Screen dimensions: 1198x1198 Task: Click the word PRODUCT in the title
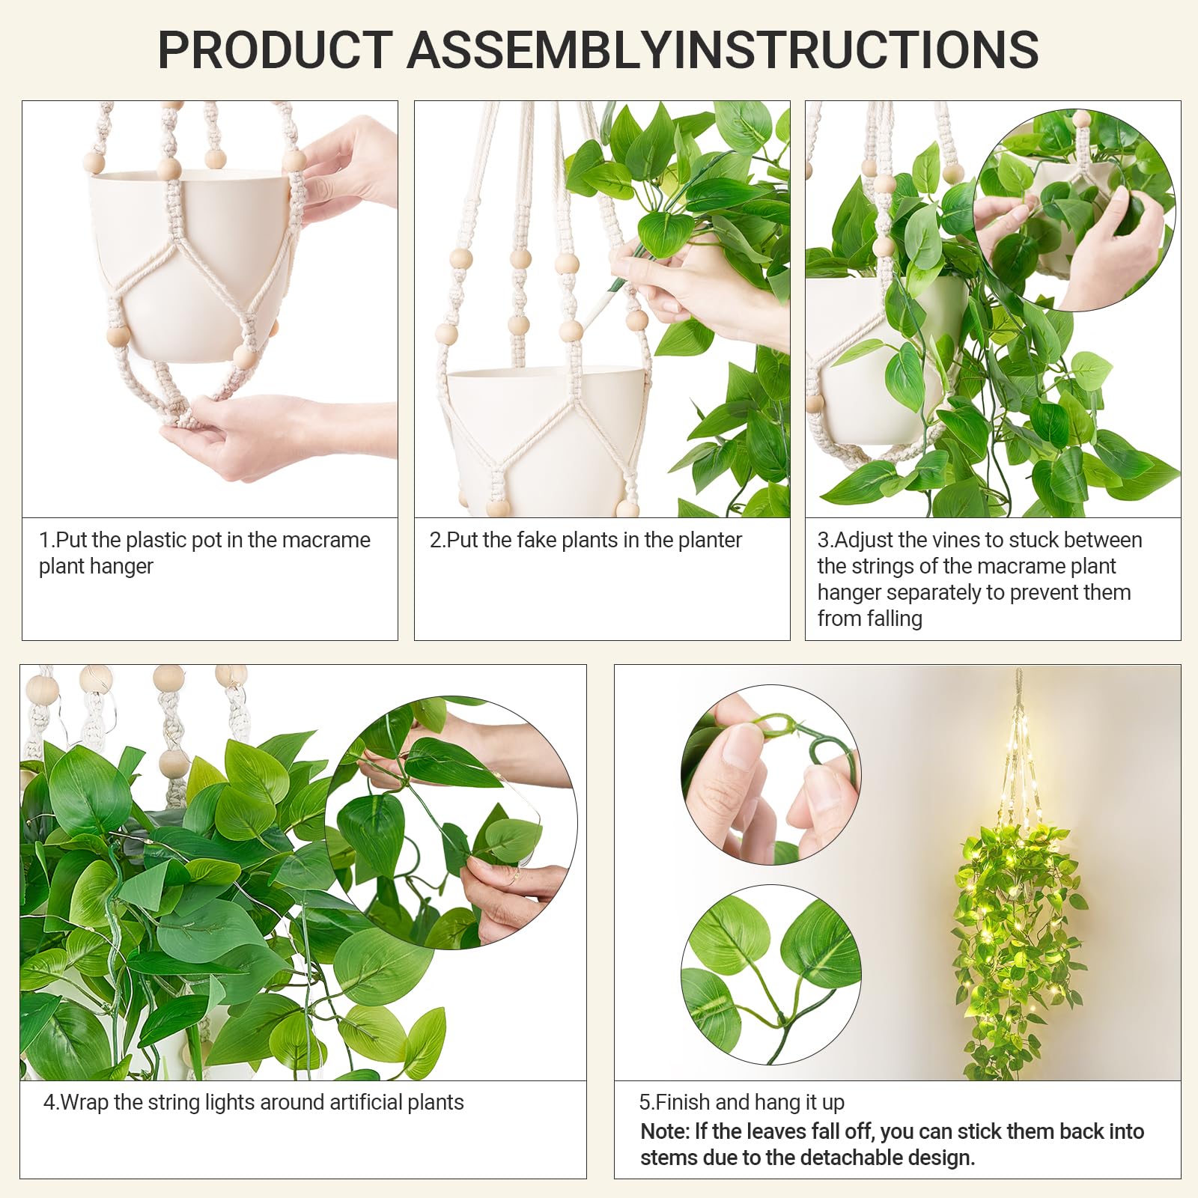click(x=275, y=49)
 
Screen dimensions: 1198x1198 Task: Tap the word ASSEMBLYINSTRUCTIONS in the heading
click(x=723, y=49)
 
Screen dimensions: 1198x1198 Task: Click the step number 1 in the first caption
click(x=44, y=540)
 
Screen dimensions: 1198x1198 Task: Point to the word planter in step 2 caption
click(x=705, y=541)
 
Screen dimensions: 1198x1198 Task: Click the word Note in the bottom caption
click(x=663, y=1131)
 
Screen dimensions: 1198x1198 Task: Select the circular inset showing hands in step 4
click(x=451, y=824)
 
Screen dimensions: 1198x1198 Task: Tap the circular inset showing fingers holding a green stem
click(x=771, y=775)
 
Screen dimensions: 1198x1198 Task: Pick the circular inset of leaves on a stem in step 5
click(x=771, y=974)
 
